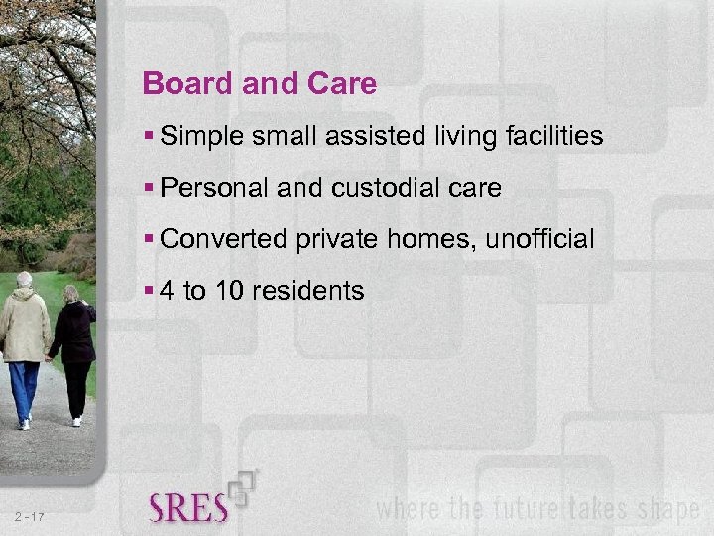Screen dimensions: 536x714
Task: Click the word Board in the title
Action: point(179,84)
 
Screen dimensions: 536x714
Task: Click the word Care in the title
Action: point(344,84)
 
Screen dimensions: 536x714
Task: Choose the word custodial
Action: point(382,188)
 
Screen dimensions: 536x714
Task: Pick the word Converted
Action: point(220,239)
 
